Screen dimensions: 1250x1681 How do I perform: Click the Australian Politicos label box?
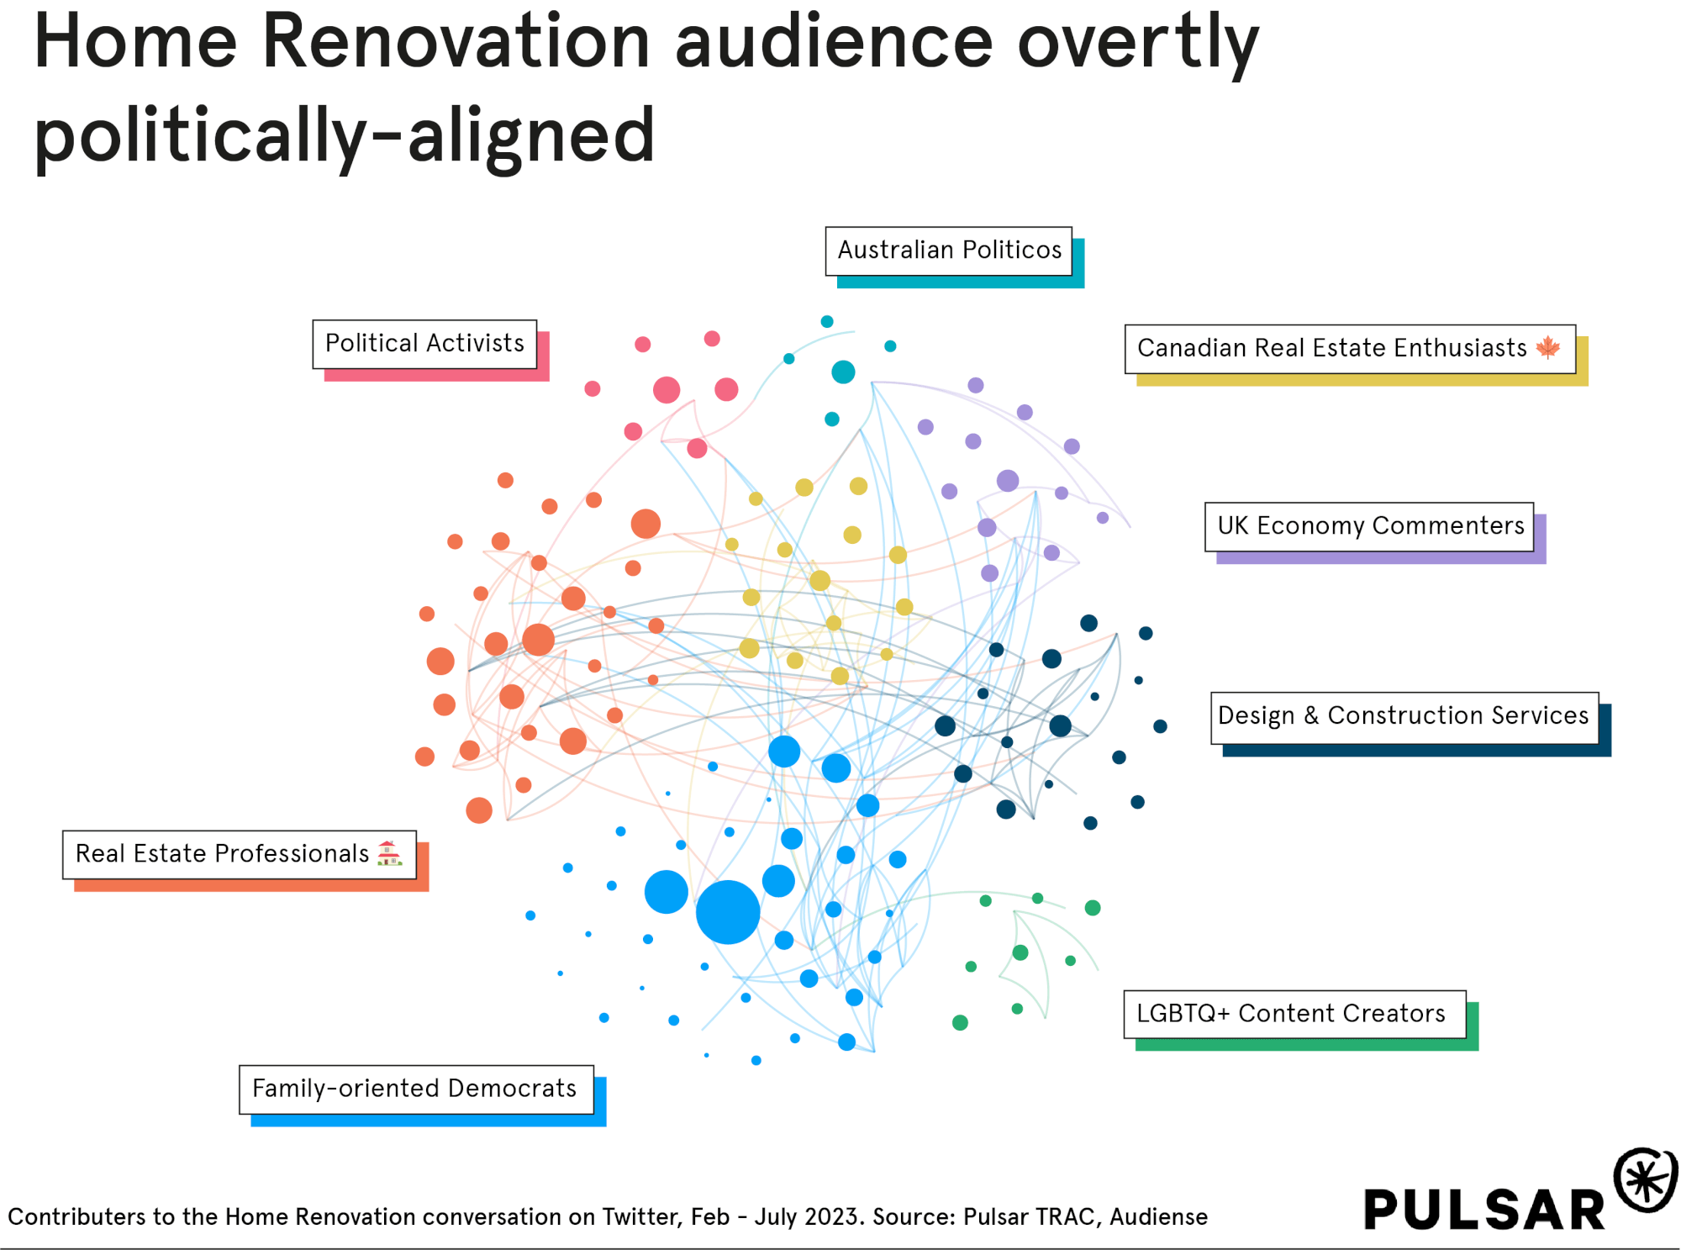click(x=949, y=251)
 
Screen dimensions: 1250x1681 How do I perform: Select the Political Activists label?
click(x=424, y=344)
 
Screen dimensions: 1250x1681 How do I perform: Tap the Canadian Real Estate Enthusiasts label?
click(x=1331, y=348)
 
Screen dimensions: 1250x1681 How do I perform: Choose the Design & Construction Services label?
click(x=1403, y=716)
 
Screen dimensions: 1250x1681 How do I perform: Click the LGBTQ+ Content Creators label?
click(x=1291, y=1014)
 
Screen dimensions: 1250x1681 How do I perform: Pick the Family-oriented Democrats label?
click(x=415, y=1089)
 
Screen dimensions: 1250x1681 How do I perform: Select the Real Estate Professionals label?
click(x=223, y=854)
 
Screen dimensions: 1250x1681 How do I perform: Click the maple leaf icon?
click(x=1548, y=347)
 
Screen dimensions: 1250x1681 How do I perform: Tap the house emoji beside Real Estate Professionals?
click(x=388, y=853)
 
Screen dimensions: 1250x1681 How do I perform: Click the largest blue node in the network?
click(x=728, y=912)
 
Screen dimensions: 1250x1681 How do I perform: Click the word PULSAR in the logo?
click(x=1484, y=1210)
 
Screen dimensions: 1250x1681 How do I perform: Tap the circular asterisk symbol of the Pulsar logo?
click(x=1646, y=1179)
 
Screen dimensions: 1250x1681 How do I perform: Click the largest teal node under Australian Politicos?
click(x=843, y=372)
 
